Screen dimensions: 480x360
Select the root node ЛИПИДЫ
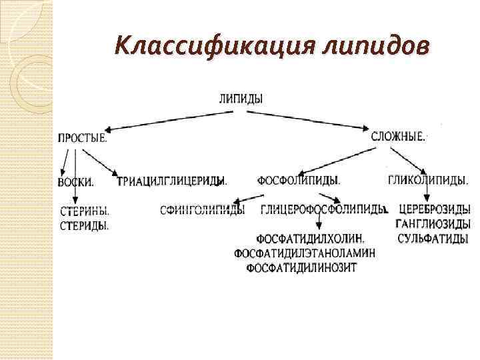(x=241, y=98)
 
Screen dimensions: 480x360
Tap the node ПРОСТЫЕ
(x=82, y=138)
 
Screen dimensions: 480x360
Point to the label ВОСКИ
(x=75, y=182)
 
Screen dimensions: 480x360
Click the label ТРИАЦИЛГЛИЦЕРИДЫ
(x=172, y=181)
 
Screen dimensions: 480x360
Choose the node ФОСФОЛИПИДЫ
(x=299, y=180)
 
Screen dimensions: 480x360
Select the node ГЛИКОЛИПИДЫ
(x=427, y=180)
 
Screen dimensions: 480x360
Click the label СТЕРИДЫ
(x=85, y=225)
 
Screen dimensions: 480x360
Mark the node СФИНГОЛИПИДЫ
(x=203, y=210)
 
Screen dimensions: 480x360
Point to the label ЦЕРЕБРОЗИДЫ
(x=434, y=210)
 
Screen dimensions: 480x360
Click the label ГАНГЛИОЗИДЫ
(x=433, y=224)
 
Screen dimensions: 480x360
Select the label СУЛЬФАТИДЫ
(x=432, y=239)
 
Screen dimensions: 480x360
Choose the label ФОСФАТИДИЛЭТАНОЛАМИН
(x=305, y=253)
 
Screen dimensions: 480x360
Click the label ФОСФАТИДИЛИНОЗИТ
(x=301, y=268)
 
